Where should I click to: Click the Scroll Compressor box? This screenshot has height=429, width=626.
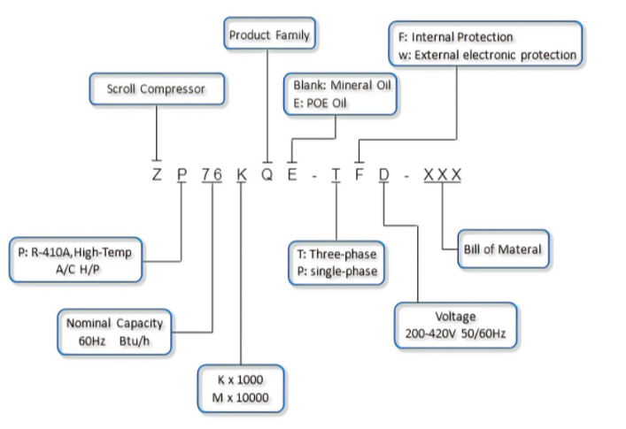pyautogui.click(x=157, y=89)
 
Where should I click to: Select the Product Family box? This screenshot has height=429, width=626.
pyautogui.click(x=269, y=33)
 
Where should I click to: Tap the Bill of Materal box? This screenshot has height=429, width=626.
pyautogui.click(x=503, y=249)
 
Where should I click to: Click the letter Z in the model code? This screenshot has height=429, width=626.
pyautogui.click(x=157, y=174)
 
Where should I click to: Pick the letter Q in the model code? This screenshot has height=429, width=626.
pyautogui.click(x=267, y=174)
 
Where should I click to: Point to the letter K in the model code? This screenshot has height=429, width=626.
pyautogui.click(x=242, y=174)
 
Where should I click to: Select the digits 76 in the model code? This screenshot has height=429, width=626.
pyautogui.click(x=212, y=174)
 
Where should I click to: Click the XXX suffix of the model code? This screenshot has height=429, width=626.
pyautogui.click(x=443, y=174)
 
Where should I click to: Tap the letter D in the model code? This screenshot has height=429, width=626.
pyautogui.click(x=383, y=174)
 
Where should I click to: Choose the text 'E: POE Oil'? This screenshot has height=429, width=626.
pyautogui.click(x=320, y=103)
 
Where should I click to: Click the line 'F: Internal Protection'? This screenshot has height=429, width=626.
pyautogui.click(x=455, y=37)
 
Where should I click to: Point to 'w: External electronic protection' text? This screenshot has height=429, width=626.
pyautogui.click(x=487, y=55)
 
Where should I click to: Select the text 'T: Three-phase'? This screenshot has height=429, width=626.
pyautogui.click(x=336, y=254)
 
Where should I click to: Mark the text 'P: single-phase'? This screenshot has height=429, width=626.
pyautogui.click(x=337, y=272)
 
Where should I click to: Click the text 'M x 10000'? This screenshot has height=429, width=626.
pyautogui.click(x=240, y=397)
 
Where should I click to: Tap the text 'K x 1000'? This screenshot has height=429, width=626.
pyautogui.click(x=240, y=379)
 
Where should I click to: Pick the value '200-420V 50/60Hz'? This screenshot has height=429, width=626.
pyautogui.click(x=455, y=333)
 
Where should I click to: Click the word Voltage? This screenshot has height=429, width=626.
pyautogui.click(x=455, y=316)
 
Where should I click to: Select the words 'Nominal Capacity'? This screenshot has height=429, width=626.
pyautogui.click(x=114, y=323)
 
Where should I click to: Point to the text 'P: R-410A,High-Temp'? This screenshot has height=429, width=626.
pyautogui.click(x=74, y=252)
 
